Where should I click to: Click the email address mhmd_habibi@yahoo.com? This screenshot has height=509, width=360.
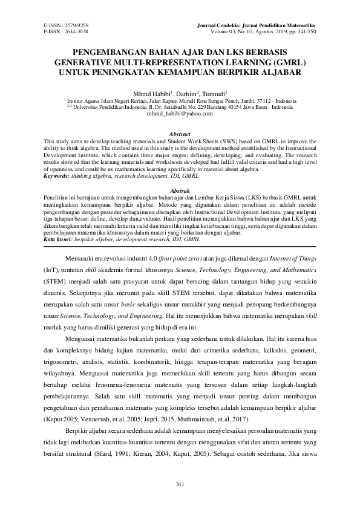[x=180, y=113]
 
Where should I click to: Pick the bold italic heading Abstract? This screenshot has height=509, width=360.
[x=180, y=134]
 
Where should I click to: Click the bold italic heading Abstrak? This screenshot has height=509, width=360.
[x=180, y=190]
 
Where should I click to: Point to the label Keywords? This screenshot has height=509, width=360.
[x=58, y=177]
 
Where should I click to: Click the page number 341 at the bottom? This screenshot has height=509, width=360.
[x=180, y=484]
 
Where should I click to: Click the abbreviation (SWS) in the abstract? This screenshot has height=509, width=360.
[x=228, y=139]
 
